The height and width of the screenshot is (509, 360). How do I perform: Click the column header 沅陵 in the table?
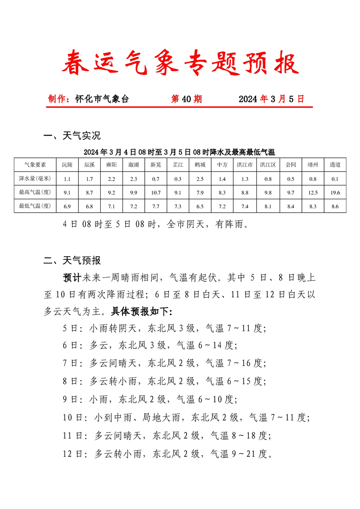pyautogui.click(x=67, y=165)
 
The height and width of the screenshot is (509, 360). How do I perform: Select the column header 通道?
pyautogui.click(x=335, y=165)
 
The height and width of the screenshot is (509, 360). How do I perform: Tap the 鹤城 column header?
pyautogui.click(x=200, y=165)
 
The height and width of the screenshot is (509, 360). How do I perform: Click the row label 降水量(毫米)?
pyautogui.click(x=35, y=179)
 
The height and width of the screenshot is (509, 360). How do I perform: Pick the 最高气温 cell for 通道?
pyautogui.click(x=335, y=193)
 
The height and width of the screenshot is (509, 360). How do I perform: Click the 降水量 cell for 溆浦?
pyautogui.click(x=133, y=179)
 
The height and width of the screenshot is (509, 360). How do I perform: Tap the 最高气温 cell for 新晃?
pyautogui.click(x=156, y=193)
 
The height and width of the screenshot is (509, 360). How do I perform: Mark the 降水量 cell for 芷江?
pyautogui.click(x=178, y=179)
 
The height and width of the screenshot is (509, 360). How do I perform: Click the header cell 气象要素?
pyautogui.click(x=35, y=165)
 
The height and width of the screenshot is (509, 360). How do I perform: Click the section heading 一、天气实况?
pyautogui.click(x=72, y=135)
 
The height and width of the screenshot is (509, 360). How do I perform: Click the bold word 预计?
pyautogui.click(x=72, y=276)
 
